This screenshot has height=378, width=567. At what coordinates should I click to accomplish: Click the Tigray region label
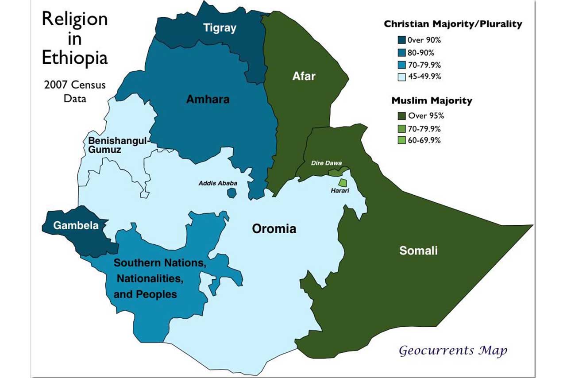[x=220, y=28]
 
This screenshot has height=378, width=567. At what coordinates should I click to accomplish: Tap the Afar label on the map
[x=304, y=76]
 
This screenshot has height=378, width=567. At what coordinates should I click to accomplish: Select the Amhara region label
[x=208, y=99]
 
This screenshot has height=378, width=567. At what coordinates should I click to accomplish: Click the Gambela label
[x=70, y=225]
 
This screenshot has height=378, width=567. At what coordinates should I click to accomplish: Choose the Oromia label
[x=274, y=229]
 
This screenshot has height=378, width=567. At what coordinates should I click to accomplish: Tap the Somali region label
[x=418, y=251]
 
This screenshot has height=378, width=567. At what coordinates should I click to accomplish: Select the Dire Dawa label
[x=327, y=163]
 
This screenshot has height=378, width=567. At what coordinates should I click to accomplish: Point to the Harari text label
[x=340, y=191]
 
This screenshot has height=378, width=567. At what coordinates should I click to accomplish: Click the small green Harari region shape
[x=342, y=182]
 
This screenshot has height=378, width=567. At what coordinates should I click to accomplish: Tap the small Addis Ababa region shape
[x=231, y=193]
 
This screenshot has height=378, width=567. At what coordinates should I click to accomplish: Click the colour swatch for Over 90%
[x=402, y=40]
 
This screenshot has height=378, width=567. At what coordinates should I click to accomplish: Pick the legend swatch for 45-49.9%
[x=402, y=76]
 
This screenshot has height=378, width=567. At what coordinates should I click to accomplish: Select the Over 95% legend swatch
[x=402, y=116]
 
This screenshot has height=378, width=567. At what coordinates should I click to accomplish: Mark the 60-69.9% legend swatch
[x=402, y=140]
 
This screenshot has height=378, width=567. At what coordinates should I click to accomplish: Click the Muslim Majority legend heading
[x=432, y=101]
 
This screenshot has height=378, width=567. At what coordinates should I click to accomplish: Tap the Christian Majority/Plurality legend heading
[x=453, y=24]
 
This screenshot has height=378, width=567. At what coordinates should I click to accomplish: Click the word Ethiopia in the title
[x=75, y=58]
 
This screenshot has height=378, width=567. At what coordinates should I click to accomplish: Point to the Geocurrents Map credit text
[x=453, y=351]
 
